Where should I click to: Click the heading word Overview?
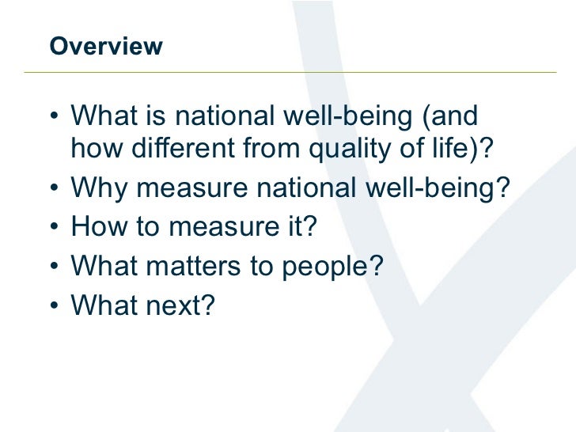coord(105,47)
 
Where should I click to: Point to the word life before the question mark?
coord(452,150)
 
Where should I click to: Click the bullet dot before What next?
coord(53,306)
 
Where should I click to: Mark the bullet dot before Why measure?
coord(53,189)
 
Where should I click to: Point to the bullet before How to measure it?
coord(53,228)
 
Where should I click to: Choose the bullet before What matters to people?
coord(53,267)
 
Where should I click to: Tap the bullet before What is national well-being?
coord(53,117)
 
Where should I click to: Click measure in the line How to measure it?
coord(218,228)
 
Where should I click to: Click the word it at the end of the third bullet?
coord(295,228)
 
